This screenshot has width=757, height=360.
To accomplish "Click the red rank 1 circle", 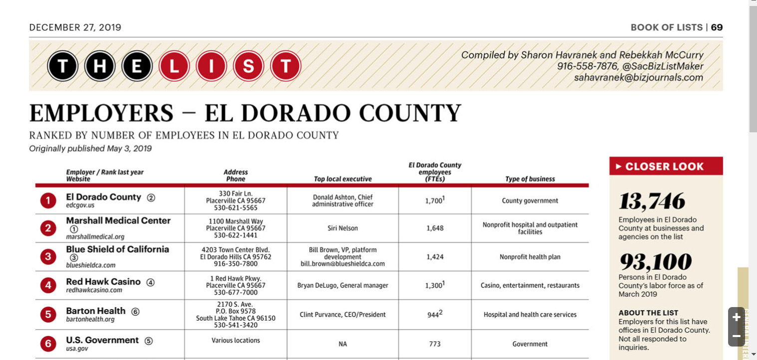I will tap(48, 201).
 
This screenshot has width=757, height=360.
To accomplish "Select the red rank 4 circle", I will tap(48, 286).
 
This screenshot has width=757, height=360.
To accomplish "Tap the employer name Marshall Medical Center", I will tap(118, 221).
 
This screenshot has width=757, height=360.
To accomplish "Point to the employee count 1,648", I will tap(435, 228).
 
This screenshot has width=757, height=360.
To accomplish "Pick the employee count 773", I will tap(435, 344).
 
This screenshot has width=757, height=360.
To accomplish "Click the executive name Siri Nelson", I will tap(342, 228).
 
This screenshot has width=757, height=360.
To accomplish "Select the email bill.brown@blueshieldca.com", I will tap(342, 264).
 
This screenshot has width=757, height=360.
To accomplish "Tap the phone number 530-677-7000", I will tap(236, 293).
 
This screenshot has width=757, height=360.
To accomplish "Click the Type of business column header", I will tap(530, 179).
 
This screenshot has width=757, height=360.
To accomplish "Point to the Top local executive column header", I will tap(342, 179).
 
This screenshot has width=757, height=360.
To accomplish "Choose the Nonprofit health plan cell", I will tap(530, 257).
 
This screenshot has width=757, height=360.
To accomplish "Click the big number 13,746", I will tap(652, 202).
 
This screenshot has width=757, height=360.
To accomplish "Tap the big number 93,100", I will tap(655, 262).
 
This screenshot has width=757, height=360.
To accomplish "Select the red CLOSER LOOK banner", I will tap(666, 166).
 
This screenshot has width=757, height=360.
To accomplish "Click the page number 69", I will tap(717, 27).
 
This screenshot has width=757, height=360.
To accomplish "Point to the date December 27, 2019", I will tap(75, 27).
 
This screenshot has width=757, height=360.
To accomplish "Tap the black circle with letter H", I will tap(100, 66).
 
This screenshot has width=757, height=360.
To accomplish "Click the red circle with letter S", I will tap(248, 66).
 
